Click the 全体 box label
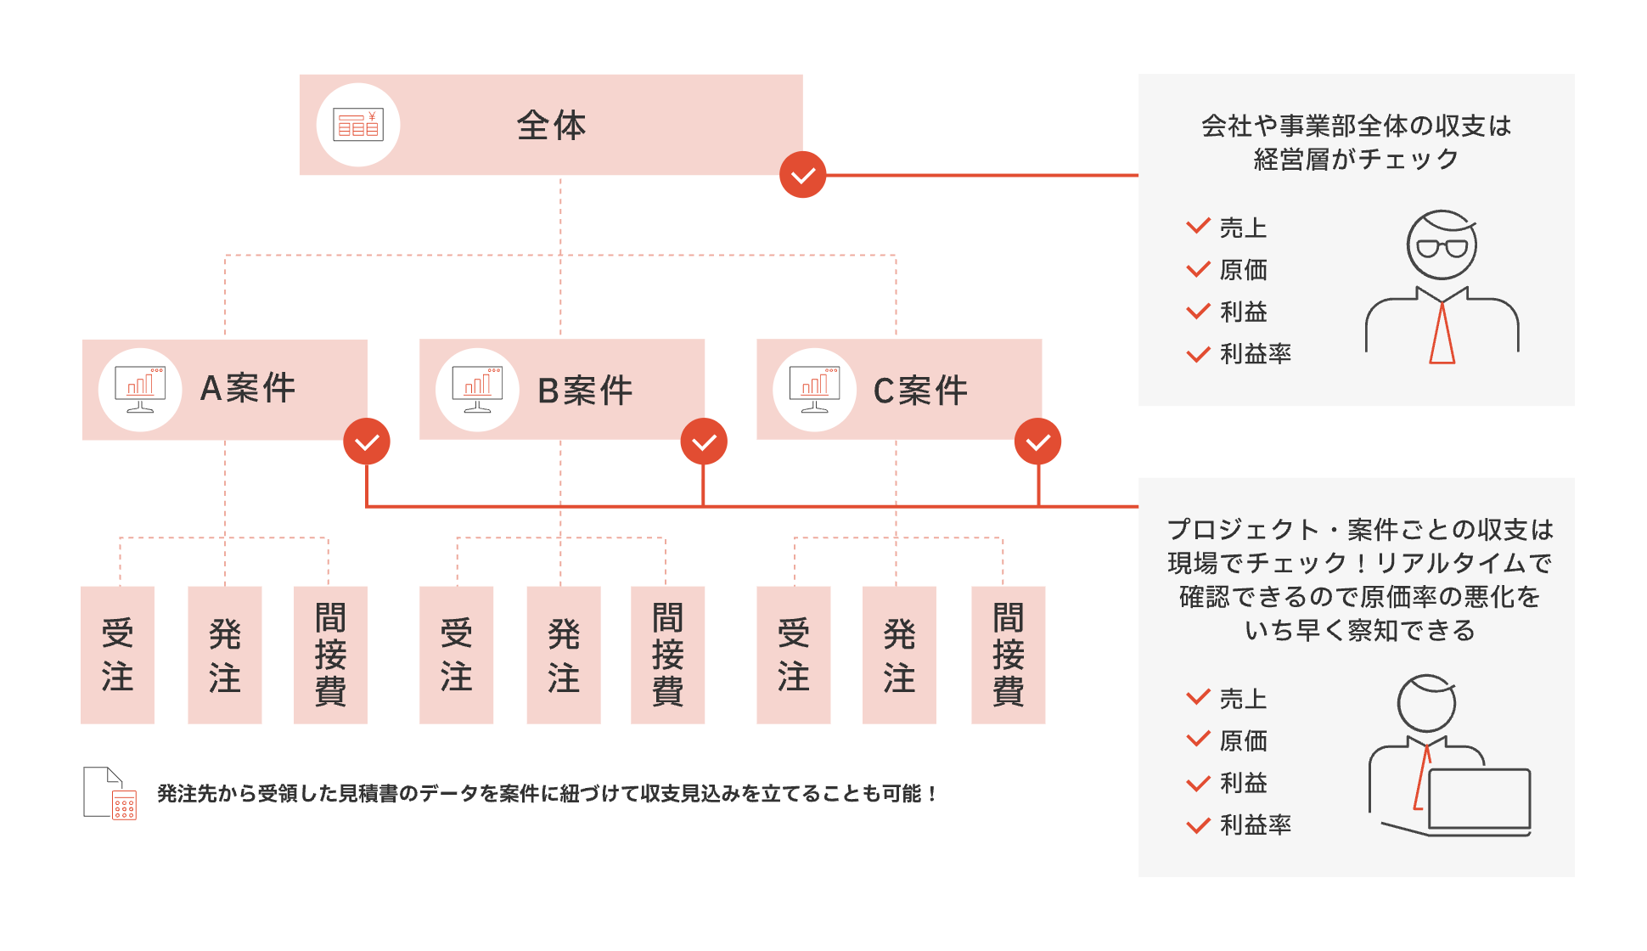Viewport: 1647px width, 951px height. click(551, 126)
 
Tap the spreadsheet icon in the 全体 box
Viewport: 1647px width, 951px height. click(358, 125)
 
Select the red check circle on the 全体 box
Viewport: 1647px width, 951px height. click(802, 175)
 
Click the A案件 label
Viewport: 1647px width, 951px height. click(247, 388)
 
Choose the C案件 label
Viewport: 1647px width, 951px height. click(920, 391)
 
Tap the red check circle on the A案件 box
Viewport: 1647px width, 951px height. click(367, 442)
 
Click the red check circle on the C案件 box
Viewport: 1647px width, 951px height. click(1037, 442)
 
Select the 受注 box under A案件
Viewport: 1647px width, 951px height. click(117, 655)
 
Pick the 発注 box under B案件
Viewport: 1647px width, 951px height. click(563, 655)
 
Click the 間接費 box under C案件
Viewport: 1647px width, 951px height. click(1008, 655)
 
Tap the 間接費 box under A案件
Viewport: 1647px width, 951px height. click(330, 655)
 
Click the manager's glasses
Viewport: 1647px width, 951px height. click(1442, 248)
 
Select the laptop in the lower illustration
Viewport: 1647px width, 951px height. click(1479, 800)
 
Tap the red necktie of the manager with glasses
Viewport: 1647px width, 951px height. click(1442, 334)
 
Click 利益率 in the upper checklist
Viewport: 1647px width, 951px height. click(1255, 353)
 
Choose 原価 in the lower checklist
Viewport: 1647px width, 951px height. click(1243, 740)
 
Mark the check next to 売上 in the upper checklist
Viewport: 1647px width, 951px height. click(1198, 227)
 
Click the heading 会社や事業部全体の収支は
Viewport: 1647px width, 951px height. click(1356, 126)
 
